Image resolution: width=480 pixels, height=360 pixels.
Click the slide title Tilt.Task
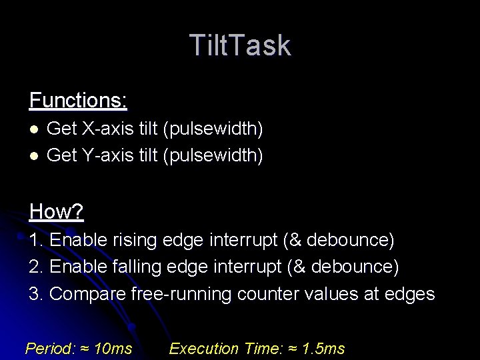pyautogui.click(x=240, y=45)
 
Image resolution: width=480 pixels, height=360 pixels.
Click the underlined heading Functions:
pyautogui.click(x=78, y=101)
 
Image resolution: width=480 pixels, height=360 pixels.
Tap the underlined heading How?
pyautogui.click(x=56, y=212)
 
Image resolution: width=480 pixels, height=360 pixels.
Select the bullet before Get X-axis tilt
pyautogui.click(x=34, y=128)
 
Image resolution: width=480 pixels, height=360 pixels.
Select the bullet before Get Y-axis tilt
pyautogui.click(x=34, y=155)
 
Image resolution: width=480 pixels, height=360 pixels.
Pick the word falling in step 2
pyautogui.click(x=135, y=267)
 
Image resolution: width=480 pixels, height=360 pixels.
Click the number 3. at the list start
pyautogui.click(x=37, y=294)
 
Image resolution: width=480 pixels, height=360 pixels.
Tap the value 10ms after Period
pyautogui.click(x=113, y=349)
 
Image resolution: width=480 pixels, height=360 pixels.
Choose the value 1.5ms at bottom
pyautogui.click(x=323, y=349)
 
